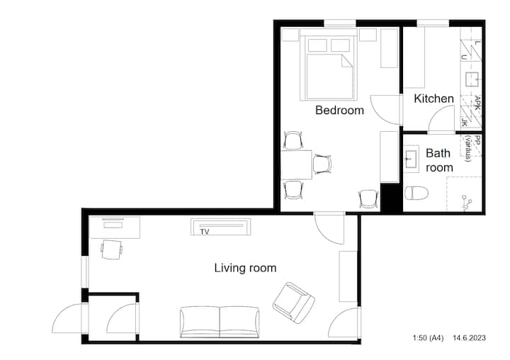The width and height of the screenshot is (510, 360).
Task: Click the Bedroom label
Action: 339,110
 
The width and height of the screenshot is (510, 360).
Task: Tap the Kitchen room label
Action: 433,99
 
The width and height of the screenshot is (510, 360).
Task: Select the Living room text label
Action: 245,268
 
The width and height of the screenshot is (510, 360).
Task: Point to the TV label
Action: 205,232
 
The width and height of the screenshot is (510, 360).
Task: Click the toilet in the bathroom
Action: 416,193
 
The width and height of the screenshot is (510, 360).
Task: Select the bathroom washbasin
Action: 412,159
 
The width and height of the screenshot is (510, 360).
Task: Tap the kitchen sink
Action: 472,79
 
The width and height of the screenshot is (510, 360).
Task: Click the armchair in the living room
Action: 293,303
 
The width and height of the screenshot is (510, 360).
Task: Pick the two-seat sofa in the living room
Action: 220,322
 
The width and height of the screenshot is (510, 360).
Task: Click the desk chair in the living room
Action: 112,249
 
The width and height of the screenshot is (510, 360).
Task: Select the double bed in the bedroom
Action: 329,64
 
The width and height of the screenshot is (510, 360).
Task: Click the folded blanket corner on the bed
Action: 346,61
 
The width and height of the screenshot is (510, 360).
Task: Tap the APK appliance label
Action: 477,103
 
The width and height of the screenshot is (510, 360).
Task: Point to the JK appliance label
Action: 465,123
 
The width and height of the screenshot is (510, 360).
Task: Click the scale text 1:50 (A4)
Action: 428,338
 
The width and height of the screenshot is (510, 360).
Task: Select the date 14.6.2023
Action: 470,338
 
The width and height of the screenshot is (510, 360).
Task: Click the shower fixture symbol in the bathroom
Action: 467,203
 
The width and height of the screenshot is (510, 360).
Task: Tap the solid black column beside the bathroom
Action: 390,198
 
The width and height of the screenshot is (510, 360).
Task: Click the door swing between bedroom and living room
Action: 329,228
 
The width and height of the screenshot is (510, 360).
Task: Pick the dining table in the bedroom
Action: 296,164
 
